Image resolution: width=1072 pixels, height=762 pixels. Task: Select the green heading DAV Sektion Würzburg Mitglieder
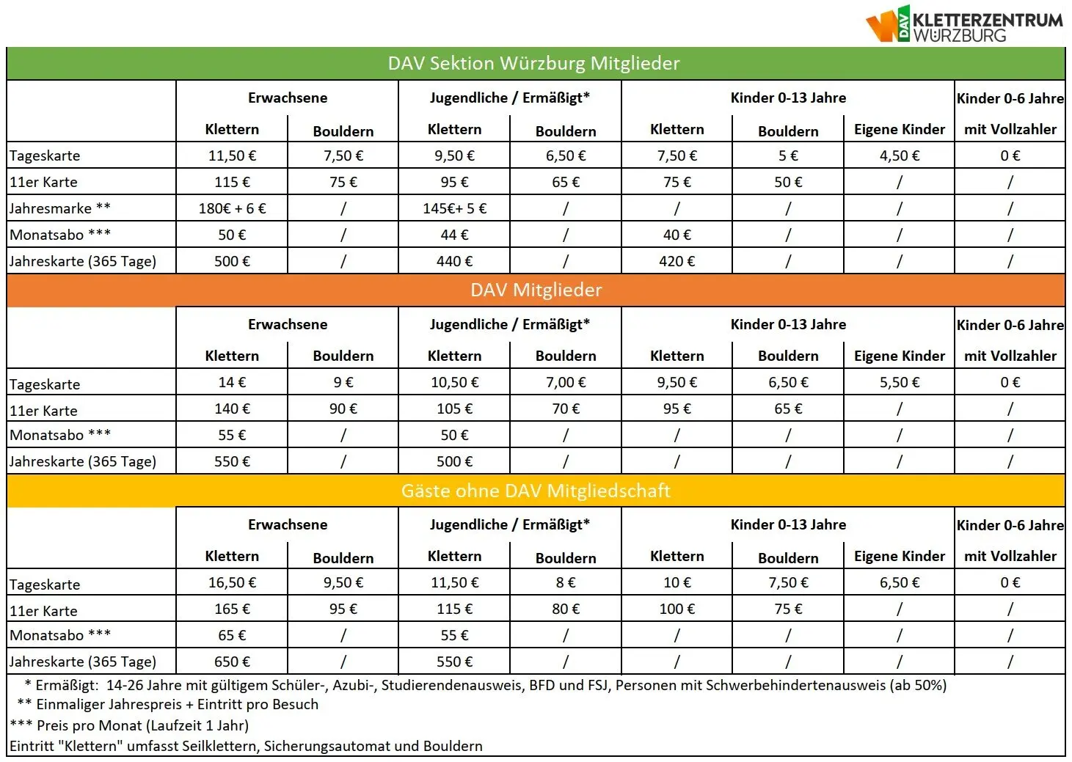pyautogui.click(x=534, y=64)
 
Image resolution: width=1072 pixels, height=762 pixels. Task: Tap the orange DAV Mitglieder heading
pyautogui.click(x=536, y=290)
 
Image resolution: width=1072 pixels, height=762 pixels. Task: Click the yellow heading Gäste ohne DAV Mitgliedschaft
pyautogui.click(x=536, y=491)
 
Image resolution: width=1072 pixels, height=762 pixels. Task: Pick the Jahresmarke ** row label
pyautogui.click(x=60, y=208)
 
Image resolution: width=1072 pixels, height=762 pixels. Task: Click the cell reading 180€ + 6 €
pyautogui.click(x=232, y=208)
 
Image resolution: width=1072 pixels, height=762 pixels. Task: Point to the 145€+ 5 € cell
pyautogui.click(x=454, y=208)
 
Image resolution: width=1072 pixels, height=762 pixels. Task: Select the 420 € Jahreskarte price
pyautogui.click(x=677, y=261)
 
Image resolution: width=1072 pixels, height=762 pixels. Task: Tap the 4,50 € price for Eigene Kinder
pyautogui.click(x=899, y=155)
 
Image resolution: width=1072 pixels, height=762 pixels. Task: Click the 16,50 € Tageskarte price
pyautogui.click(x=232, y=582)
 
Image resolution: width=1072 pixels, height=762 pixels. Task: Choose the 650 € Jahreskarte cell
pyautogui.click(x=232, y=662)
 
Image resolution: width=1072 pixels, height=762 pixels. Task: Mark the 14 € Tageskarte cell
pyautogui.click(x=232, y=382)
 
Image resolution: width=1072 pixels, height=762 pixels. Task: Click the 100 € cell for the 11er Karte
pyautogui.click(x=677, y=609)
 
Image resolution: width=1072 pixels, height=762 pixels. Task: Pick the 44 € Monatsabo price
pyautogui.click(x=454, y=235)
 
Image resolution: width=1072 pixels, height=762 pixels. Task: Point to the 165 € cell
pyautogui.click(x=232, y=609)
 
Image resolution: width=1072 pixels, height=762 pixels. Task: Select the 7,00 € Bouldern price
pyautogui.click(x=566, y=382)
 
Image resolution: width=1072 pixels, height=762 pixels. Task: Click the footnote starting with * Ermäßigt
pyautogui.click(x=485, y=685)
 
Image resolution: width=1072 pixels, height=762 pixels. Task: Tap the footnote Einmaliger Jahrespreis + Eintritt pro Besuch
pyautogui.click(x=177, y=705)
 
